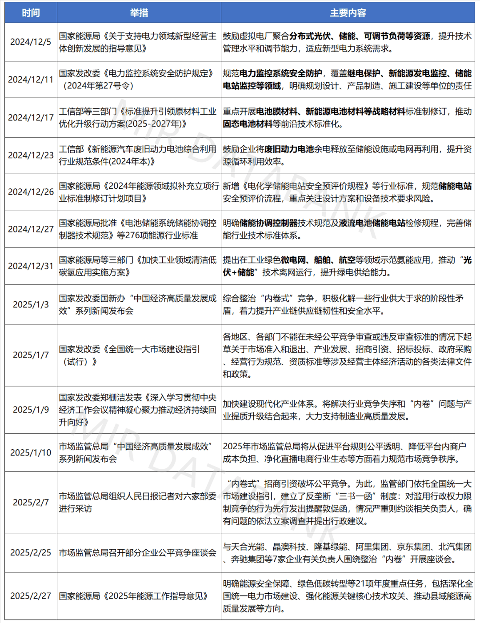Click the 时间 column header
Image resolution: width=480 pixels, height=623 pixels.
31,13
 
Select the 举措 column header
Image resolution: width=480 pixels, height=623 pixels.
139,13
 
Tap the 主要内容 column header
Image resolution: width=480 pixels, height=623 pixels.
348,13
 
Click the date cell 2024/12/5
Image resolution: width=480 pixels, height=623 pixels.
31,42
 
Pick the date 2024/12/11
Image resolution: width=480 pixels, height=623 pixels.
31,80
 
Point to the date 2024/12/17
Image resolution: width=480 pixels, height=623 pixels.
31,117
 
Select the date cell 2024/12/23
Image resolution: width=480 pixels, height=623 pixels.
31,155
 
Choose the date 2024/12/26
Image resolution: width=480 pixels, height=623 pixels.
31,192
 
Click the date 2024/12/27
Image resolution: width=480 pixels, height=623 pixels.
31,229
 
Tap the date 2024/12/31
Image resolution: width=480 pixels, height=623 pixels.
31,266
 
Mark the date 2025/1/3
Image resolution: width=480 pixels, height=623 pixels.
31,304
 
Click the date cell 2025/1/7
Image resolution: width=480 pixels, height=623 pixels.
31,355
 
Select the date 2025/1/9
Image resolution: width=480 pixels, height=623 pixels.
31,410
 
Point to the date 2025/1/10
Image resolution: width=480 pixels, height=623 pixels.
31,452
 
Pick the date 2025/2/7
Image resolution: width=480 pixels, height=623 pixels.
31,502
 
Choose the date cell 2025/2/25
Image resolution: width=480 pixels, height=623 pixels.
31,552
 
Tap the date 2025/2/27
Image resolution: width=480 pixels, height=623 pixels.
31,596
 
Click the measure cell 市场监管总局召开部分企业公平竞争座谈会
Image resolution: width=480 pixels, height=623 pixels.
138,552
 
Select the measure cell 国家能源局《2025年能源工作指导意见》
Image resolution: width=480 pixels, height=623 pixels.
133,596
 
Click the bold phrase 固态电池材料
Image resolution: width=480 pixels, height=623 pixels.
248,124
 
